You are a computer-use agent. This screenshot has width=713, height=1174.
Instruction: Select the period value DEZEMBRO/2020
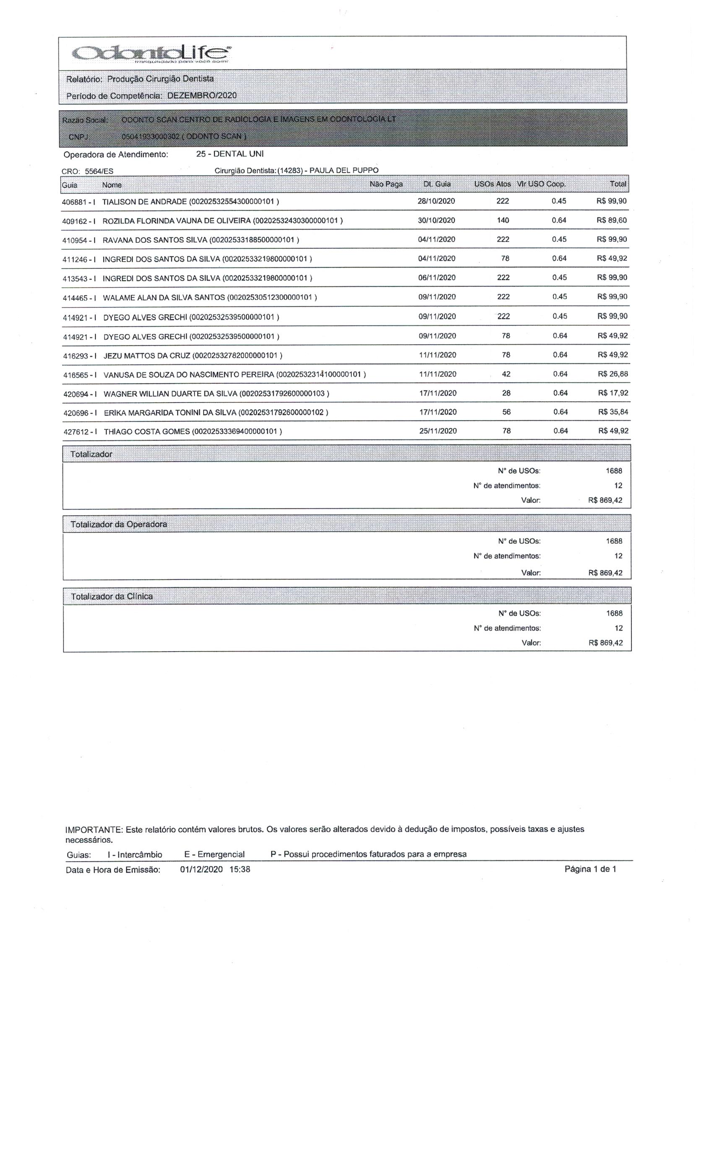(202, 95)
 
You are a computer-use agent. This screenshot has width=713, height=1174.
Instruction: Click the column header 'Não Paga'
(386, 184)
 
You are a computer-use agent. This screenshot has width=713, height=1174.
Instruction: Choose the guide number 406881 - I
(79, 202)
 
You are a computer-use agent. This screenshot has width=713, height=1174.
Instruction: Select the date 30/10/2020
(436, 221)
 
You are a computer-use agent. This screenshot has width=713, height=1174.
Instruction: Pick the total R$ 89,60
(612, 221)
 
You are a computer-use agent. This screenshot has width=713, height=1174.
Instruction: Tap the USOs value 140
(503, 221)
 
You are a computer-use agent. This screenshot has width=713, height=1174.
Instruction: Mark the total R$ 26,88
(612, 374)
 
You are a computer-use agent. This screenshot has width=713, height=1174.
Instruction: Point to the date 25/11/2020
(437, 431)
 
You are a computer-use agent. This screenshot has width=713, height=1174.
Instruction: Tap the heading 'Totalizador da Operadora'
(119, 524)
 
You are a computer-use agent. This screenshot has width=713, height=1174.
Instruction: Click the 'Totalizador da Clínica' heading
(112, 596)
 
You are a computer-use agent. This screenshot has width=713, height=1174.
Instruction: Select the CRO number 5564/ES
(99, 171)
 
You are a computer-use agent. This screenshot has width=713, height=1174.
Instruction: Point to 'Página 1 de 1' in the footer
(590, 869)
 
